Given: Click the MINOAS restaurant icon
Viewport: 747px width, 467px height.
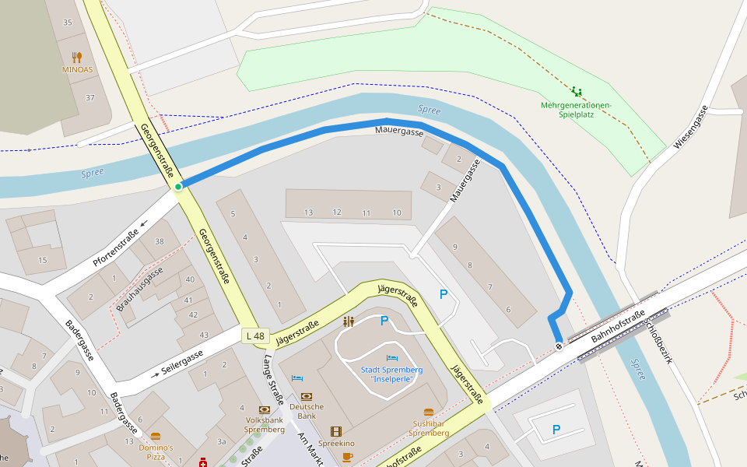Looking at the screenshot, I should click(76, 57).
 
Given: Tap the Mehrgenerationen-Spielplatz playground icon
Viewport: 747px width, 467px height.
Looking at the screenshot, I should click(576, 92).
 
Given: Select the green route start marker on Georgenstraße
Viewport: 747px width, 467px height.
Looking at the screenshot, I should click(178, 186).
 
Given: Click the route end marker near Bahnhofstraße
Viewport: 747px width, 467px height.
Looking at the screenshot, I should click(559, 346).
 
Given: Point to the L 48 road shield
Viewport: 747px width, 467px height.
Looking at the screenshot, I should click(254, 336).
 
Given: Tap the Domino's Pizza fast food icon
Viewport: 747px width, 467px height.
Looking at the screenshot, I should click(156, 437).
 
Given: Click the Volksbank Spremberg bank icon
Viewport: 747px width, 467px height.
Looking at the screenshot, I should click(265, 409).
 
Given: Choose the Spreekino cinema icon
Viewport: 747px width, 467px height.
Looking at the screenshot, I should click(335, 431).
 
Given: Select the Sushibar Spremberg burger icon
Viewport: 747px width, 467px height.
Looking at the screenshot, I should click(428, 413).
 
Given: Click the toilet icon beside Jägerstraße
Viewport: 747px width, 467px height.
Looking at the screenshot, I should click(349, 321).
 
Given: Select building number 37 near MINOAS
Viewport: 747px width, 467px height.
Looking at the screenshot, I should click(90, 97).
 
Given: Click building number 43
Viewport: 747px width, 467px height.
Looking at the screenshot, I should click(204, 335).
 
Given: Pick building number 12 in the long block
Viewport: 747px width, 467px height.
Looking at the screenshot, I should click(336, 212).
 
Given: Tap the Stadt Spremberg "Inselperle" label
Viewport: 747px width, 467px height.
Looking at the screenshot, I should click(392, 374).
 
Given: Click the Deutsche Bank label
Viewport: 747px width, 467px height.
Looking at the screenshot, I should click(307, 411).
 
